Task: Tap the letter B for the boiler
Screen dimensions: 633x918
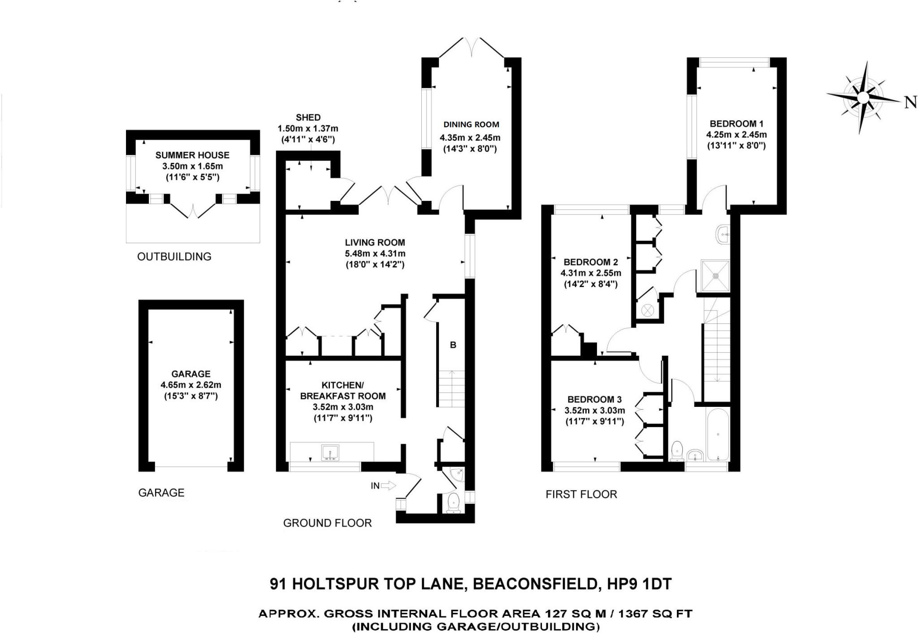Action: [x=453, y=345]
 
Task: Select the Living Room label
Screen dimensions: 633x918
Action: [x=375, y=242]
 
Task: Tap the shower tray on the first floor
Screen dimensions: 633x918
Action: [x=716, y=276]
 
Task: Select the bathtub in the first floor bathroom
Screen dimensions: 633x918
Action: [x=718, y=434]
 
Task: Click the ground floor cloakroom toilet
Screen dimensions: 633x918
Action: [x=455, y=502]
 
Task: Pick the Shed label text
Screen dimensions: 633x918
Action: [x=308, y=118]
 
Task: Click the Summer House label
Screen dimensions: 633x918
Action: [x=192, y=155]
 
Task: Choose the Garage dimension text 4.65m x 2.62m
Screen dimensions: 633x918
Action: [x=191, y=385]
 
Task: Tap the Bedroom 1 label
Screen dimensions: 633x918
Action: [x=736, y=124]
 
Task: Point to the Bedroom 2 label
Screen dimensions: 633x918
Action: [x=591, y=262]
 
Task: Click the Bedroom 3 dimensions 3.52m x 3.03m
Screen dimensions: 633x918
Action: [x=594, y=410]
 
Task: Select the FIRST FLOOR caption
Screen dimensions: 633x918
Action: [x=581, y=494]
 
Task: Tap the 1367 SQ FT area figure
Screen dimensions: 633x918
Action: [x=660, y=613]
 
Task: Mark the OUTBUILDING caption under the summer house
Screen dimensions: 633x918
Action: [x=174, y=257]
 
